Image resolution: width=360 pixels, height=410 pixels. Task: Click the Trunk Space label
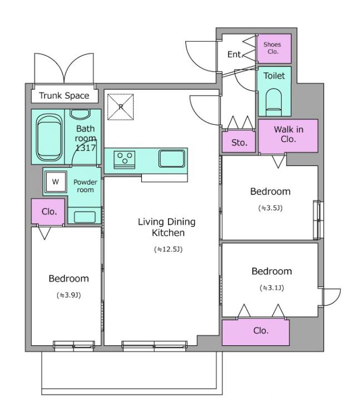[64, 95]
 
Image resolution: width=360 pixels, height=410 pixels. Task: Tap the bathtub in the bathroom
[50, 137]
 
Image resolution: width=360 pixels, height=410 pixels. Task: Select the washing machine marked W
[56, 182]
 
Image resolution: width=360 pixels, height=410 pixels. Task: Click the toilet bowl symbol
[274, 102]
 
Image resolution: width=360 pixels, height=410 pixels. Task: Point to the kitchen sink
[171, 158]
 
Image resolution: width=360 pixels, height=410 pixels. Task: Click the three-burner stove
[125, 159]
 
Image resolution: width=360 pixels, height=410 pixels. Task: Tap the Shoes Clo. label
[272, 48]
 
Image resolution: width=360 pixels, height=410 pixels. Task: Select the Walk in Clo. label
[288, 134]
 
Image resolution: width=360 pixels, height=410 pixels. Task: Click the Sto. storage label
[239, 143]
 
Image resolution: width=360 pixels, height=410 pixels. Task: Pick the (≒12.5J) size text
[168, 249]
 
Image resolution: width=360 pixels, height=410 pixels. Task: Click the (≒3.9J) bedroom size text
[68, 295]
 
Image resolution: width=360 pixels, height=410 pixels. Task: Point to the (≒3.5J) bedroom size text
[270, 208]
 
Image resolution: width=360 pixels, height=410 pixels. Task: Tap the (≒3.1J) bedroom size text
[272, 288]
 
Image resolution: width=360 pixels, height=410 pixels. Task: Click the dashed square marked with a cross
[120, 107]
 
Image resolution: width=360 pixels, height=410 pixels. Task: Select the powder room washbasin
[85, 217]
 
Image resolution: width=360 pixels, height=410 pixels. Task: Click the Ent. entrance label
[235, 55]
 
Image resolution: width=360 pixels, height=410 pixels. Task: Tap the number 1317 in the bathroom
[86, 148]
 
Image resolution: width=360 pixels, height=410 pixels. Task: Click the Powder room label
[85, 186]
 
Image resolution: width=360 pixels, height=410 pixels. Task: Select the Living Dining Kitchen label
[167, 227]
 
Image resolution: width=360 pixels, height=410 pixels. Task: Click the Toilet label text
[274, 76]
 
